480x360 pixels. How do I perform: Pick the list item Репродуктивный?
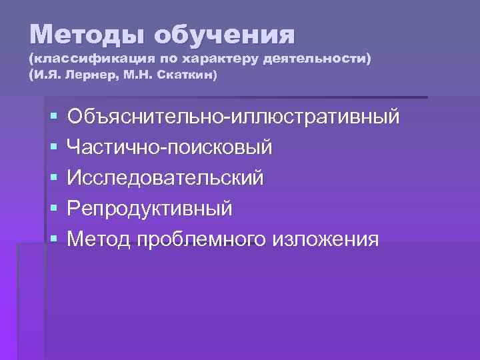[x=150, y=208]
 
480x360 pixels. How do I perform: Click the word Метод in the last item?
[x=98, y=239]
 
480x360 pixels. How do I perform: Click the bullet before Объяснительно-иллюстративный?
[x=53, y=117]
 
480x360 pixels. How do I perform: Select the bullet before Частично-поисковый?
[x=53, y=148]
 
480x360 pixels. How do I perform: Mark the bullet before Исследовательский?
[x=53, y=179]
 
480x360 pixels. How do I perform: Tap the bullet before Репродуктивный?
[x=53, y=209]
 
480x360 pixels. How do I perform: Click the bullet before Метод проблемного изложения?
[x=53, y=239]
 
